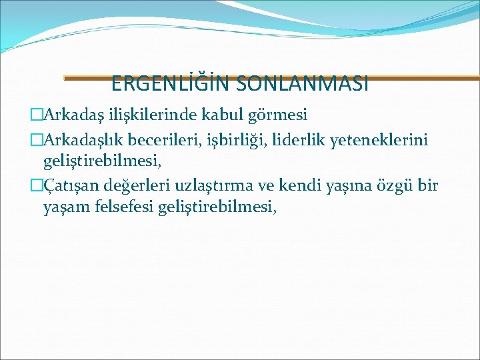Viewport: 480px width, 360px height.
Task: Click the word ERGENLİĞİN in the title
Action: click(161, 84)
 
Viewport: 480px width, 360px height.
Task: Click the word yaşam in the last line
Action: click(64, 208)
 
